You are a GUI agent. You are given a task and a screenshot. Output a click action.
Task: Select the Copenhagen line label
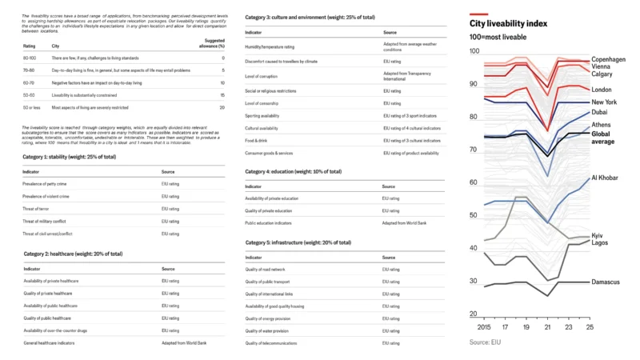click(x=609, y=59)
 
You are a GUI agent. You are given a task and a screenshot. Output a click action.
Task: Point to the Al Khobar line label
click(x=606, y=177)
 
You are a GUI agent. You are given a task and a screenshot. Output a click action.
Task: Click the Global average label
click(x=604, y=138)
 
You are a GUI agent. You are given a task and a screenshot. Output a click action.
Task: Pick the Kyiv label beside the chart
click(x=597, y=235)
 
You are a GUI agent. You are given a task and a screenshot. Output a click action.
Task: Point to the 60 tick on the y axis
click(x=474, y=183)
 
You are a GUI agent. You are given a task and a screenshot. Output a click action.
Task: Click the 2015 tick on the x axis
click(x=483, y=327)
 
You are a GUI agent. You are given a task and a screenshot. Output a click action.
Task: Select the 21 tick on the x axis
click(x=547, y=327)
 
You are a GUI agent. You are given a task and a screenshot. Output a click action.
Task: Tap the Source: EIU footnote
click(x=490, y=342)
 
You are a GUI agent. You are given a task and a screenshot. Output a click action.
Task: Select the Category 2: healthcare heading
click(x=73, y=254)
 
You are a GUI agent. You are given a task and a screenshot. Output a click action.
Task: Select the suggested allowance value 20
click(x=222, y=106)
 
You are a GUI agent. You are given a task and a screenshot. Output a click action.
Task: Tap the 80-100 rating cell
click(x=30, y=58)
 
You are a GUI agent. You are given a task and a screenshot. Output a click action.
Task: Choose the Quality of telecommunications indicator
click(x=277, y=343)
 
